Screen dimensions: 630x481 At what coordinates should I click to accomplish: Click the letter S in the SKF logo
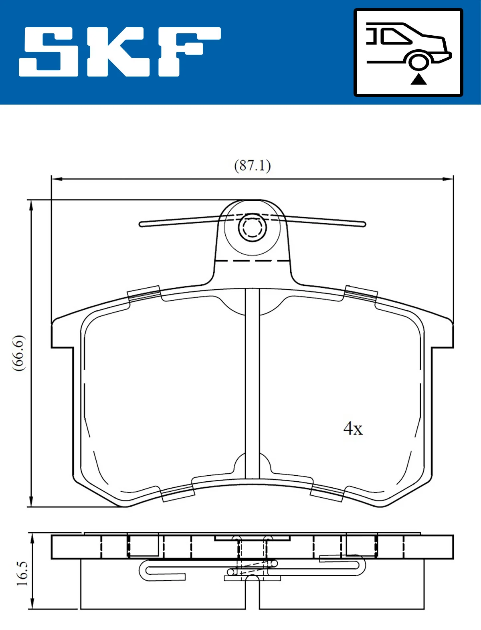point(48,51)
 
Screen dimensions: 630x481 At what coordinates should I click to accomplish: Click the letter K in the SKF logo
point(116,51)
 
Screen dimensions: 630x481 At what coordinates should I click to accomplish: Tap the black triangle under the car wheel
point(418,79)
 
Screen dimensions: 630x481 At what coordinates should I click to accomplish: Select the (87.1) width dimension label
point(252,166)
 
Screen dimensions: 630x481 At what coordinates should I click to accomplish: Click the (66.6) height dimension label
point(19,353)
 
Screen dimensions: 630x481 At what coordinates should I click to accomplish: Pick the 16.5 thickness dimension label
point(22,573)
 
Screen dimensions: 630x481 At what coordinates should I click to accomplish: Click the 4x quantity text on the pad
point(353,429)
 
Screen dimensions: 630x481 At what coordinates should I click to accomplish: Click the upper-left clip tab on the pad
point(144,294)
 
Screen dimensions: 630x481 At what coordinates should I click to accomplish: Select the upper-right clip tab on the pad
point(361,294)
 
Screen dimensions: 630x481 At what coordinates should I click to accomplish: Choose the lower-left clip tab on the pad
point(178,493)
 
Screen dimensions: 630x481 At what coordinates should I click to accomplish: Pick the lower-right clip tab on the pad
point(327,493)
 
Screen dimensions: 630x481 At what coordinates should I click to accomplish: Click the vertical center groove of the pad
point(252,385)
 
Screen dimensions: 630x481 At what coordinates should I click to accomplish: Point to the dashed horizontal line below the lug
point(252,260)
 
